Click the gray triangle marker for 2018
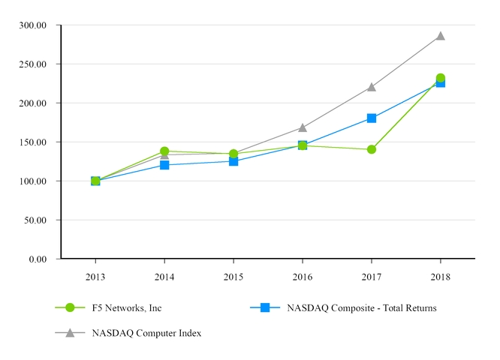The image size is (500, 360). click(441, 35)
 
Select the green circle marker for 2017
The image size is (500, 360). click(372, 149)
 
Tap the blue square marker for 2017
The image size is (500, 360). click(372, 118)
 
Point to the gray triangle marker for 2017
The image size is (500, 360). click(372, 87)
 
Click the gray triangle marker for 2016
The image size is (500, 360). click(303, 127)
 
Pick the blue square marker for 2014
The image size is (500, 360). click(164, 165)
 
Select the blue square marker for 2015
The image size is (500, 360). click(233, 161)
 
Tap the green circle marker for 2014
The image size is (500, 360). click(164, 151)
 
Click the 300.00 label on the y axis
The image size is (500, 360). click(33, 25)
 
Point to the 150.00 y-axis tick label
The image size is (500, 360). click(33, 142)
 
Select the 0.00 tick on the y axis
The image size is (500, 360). click(38, 259)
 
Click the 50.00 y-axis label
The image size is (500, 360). click(35, 220)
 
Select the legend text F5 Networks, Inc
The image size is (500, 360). click(127, 307)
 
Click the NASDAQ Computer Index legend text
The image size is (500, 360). click(146, 332)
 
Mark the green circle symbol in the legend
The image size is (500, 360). click(70, 307)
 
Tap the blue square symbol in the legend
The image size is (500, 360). click(265, 307)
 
